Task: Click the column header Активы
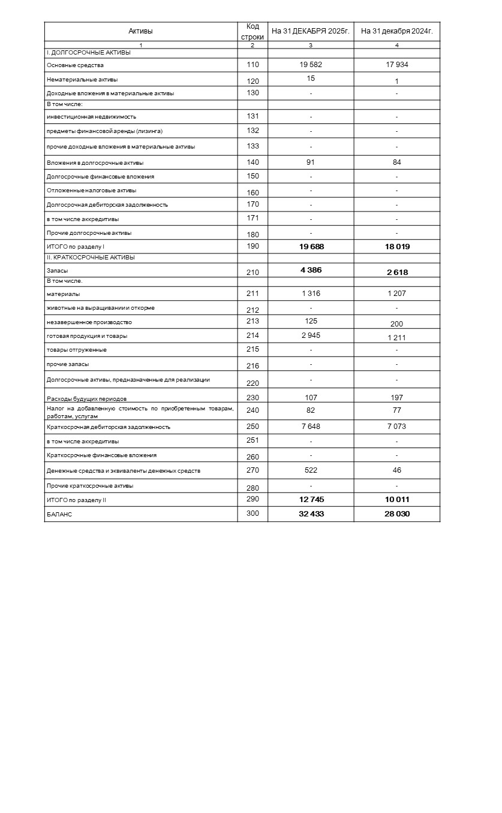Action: (140, 31)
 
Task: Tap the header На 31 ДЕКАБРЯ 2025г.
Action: (310, 31)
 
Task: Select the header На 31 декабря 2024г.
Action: (396, 31)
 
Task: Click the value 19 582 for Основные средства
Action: (311, 65)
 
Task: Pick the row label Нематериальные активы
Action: (82, 79)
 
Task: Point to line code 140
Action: (252, 162)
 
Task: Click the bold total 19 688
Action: (311, 246)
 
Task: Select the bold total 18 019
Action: (397, 246)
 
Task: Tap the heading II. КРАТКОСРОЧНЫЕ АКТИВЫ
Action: (91, 258)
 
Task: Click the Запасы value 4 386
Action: (311, 270)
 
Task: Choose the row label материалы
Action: (64, 294)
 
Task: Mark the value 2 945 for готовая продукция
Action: (311, 336)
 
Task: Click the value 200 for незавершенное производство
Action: (396, 324)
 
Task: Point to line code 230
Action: (252, 397)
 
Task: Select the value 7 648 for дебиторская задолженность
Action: (311, 427)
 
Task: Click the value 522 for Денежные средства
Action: (311, 470)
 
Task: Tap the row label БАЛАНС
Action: (59, 514)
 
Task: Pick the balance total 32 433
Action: (311, 513)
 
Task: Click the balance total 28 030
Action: (397, 513)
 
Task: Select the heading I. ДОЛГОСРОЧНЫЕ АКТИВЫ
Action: (89, 53)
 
